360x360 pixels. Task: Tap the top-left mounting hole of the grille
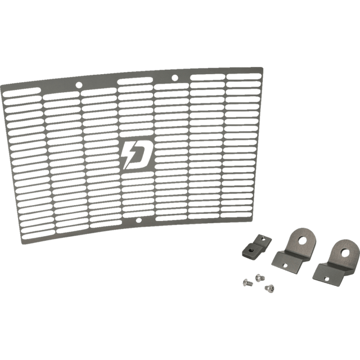pos(78,86)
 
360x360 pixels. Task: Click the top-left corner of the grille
pos(1,85)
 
